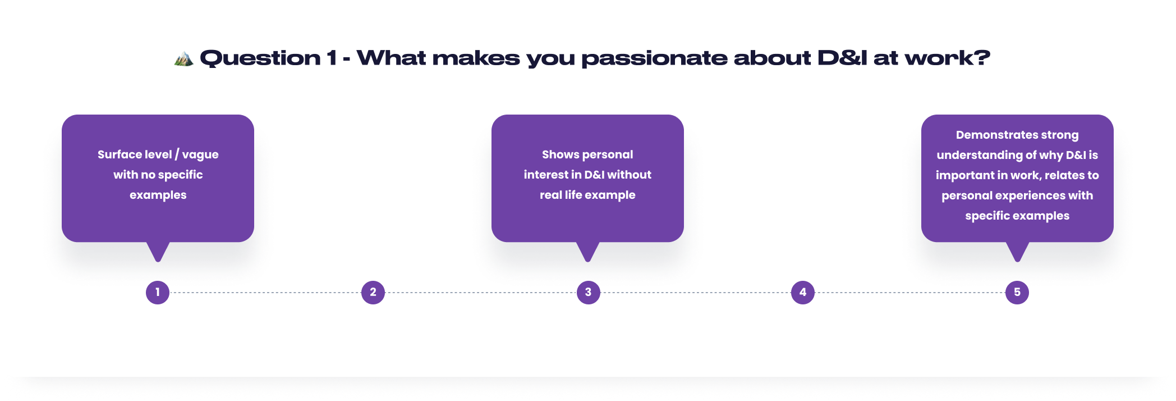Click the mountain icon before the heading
click(183, 58)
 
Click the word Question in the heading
click(260, 58)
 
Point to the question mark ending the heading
click(982, 57)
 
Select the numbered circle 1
click(158, 292)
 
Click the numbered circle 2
click(373, 292)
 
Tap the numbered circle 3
click(588, 292)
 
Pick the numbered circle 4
click(803, 292)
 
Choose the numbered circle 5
click(1017, 292)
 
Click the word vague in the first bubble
click(200, 155)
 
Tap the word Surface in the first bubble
click(118, 154)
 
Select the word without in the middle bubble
click(629, 175)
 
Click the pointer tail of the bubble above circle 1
click(158, 252)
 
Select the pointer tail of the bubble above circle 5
click(1017, 252)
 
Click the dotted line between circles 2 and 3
click(480, 293)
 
